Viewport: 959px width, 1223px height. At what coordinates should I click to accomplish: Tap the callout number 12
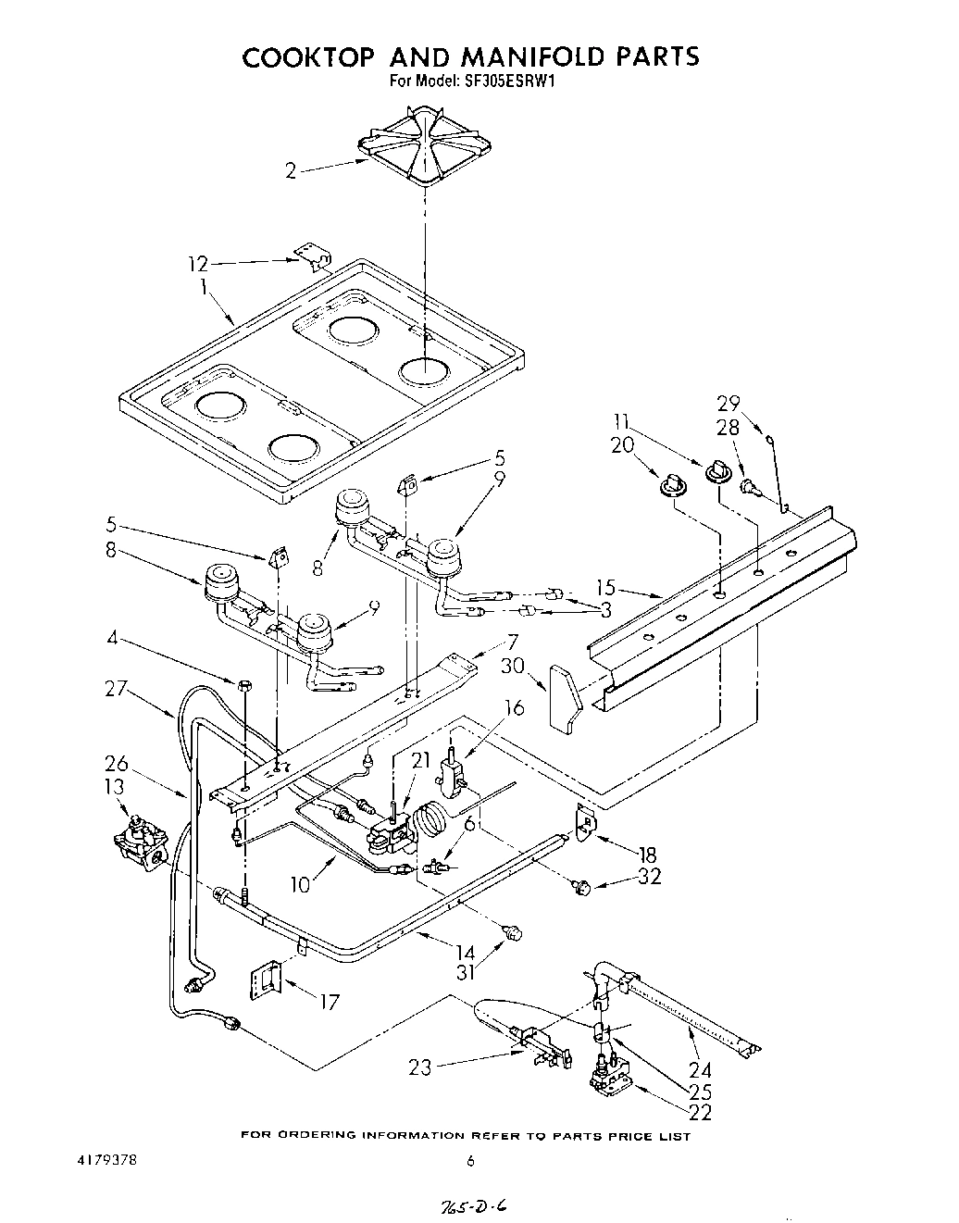pyautogui.click(x=198, y=263)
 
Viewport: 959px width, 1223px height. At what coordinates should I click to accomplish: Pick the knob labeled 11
pyautogui.click(x=716, y=472)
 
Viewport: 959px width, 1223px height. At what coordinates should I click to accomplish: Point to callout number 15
pyautogui.click(x=605, y=587)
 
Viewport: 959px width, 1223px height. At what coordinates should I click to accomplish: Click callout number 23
pyautogui.click(x=420, y=1067)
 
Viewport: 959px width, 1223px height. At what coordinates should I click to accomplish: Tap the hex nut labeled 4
pyautogui.click(x=244, y=686)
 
